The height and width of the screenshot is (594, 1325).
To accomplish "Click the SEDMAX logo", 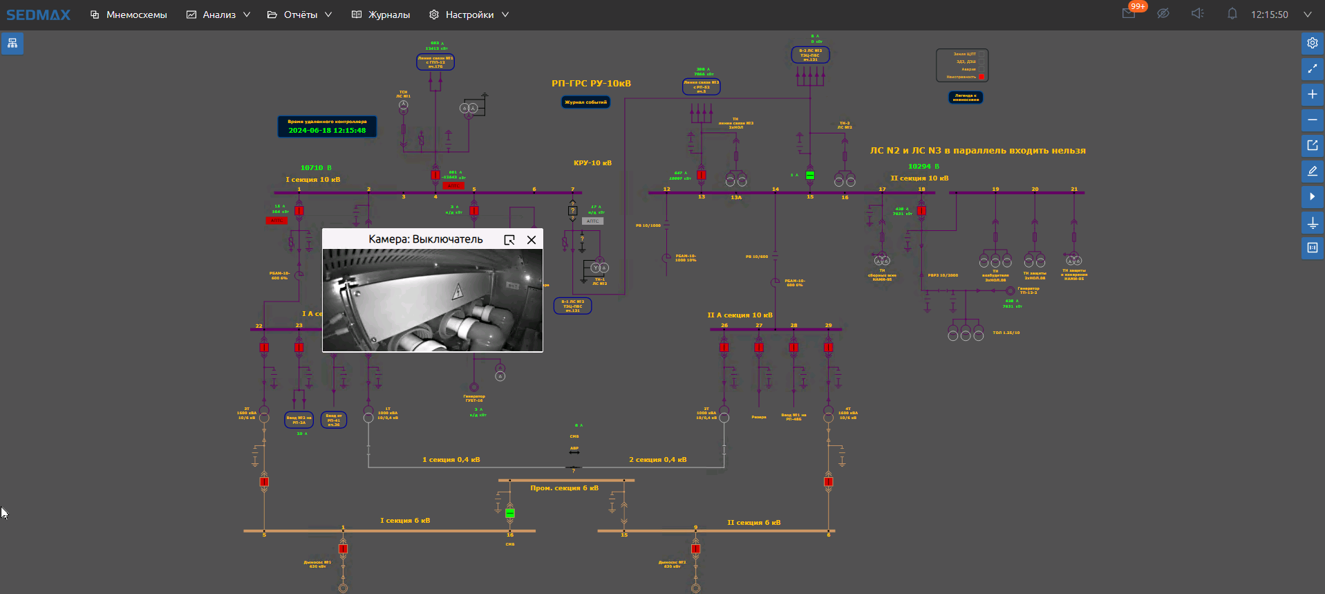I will click(x=38, y=15).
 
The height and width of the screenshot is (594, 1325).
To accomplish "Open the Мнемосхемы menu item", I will click(x=129, y=15).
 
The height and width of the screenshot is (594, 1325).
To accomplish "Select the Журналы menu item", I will click(x=381, y=15).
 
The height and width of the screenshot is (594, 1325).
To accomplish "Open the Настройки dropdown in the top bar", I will click(x=469, y=15).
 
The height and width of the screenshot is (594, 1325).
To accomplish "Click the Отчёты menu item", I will click(x=300, y=15).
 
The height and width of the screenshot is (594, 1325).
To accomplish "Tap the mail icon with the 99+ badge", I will click(x=1129, y=14).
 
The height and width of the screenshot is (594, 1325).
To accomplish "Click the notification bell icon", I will click(x=1232, y=14).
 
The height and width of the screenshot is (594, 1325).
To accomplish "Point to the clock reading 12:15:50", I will click(x=1269, y=15).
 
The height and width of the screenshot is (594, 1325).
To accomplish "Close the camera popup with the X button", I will click(x=532, y=239).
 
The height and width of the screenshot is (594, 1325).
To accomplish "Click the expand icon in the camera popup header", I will click(x=509, y=239).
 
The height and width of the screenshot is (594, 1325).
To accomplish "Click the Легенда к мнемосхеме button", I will click(x=966, y=98).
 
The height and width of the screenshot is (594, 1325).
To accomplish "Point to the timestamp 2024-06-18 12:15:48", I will click(x=327, y=130).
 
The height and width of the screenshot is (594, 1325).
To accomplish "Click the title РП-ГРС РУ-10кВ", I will click(x=591, y=84).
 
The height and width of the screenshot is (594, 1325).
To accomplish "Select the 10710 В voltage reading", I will click(x=316, y=168).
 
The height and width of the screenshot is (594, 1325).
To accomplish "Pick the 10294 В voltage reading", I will click(x=923, y=167).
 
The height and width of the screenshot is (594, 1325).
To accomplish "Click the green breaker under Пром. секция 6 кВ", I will click(x=510, y=513).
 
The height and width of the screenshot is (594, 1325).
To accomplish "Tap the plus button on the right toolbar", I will click(x=1312, y=94).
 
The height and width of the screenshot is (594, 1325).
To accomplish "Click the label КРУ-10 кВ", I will click(x=592, y=163).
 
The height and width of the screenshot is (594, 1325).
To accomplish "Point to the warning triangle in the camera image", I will click(x=457, y=292).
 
